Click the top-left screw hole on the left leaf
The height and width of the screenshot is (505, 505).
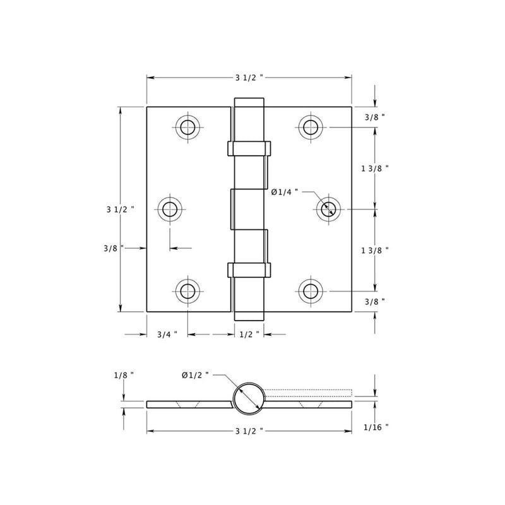click(x=187, y=128)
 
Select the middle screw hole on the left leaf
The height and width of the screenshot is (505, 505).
click(x=169, y=209)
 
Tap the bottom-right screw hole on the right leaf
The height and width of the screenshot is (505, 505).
click(x=310, y=291)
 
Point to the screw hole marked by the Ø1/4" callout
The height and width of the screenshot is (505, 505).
click(x=328, y=209)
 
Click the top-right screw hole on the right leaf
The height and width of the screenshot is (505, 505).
click(x=310, y=128)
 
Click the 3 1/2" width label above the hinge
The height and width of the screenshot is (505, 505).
click(x=249, y=78)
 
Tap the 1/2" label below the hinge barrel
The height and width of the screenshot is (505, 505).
click(x=249, y=335)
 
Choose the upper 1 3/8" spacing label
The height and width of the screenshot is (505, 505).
click(x=374, y=169)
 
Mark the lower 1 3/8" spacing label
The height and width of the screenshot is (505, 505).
click(x=374, y=250)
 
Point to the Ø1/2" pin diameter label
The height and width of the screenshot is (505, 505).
click(x=196, y=375)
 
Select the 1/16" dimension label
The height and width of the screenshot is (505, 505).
click(x=376, y=427)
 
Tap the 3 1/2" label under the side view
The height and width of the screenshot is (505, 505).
click(x=249, y=431)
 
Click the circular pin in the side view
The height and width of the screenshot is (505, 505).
click(x=249, y=398)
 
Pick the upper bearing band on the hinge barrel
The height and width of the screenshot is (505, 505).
click(x=249, y=148)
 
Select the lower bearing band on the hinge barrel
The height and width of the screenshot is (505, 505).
click(x=249, y=270)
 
